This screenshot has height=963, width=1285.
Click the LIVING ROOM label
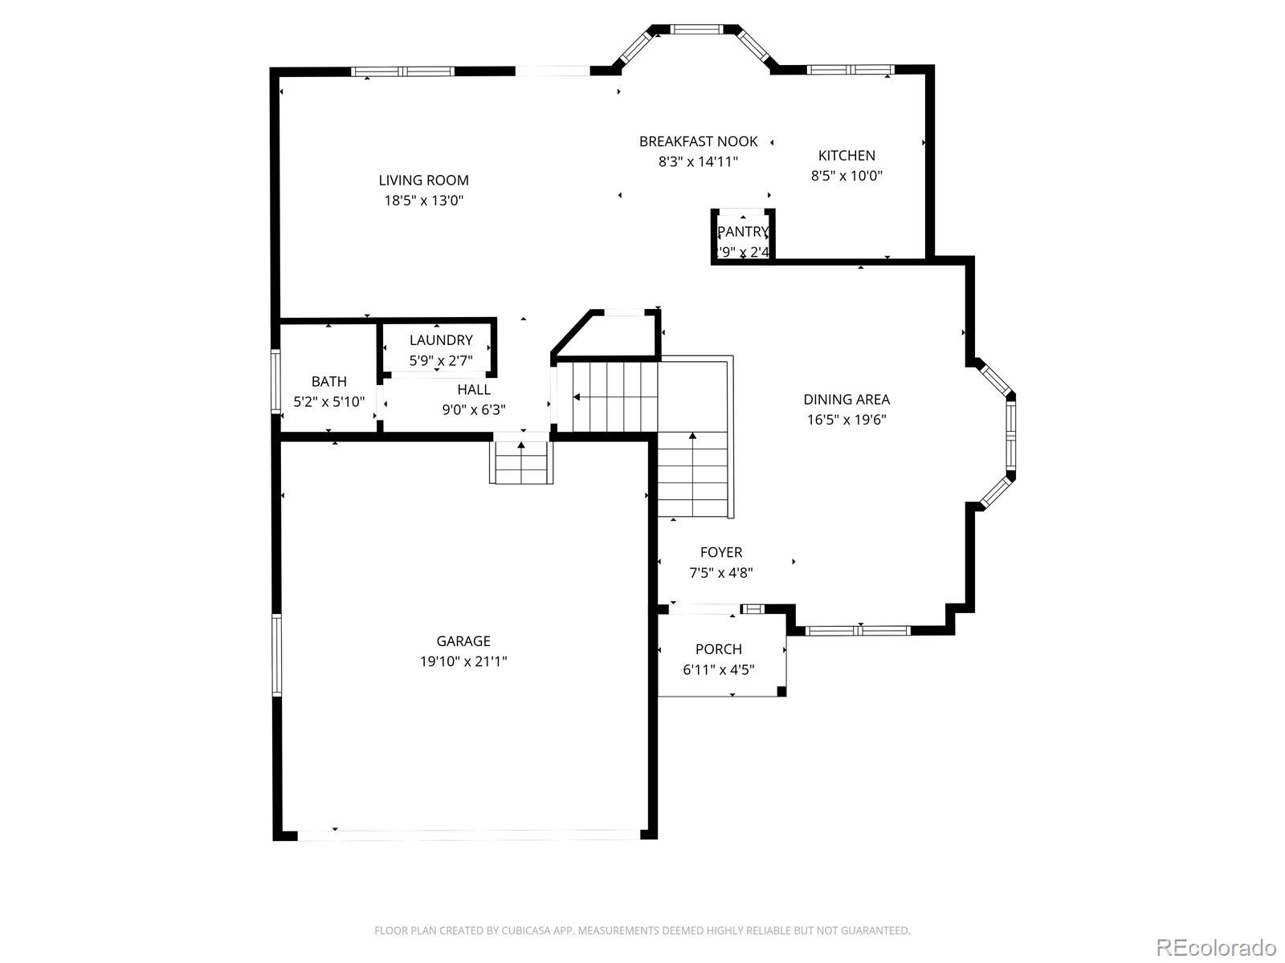pos(423,181)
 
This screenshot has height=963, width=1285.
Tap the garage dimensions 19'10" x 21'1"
pos(463,662)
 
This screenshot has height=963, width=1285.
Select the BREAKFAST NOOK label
pos(698,141)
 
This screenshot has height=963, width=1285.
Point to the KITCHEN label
pos(846,156)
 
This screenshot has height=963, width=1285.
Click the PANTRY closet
pos(743,237)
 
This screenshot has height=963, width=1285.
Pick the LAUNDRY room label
pos(441,340)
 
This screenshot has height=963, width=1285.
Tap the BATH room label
pos(329,381)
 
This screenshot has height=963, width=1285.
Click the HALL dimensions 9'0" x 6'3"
pos(474,410)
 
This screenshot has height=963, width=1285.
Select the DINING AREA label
pos(846,400)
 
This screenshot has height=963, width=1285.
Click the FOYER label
pos(721,552)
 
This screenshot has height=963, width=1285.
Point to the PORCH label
pos(719,649)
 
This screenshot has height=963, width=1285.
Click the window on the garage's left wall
pos(277,655)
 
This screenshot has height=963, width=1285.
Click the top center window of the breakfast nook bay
pos(696,29)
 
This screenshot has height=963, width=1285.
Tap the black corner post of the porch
pos(781,691)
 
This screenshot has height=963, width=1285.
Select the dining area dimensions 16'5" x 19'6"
pos(846,420)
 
